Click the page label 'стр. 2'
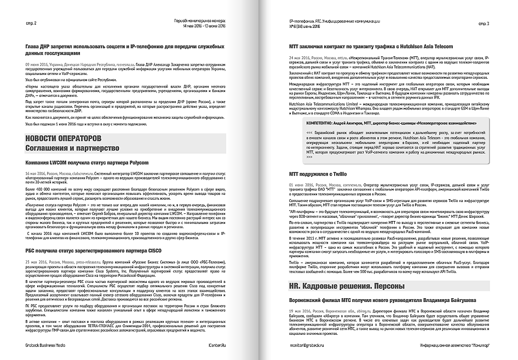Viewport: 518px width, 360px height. [x=31, y=24]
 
